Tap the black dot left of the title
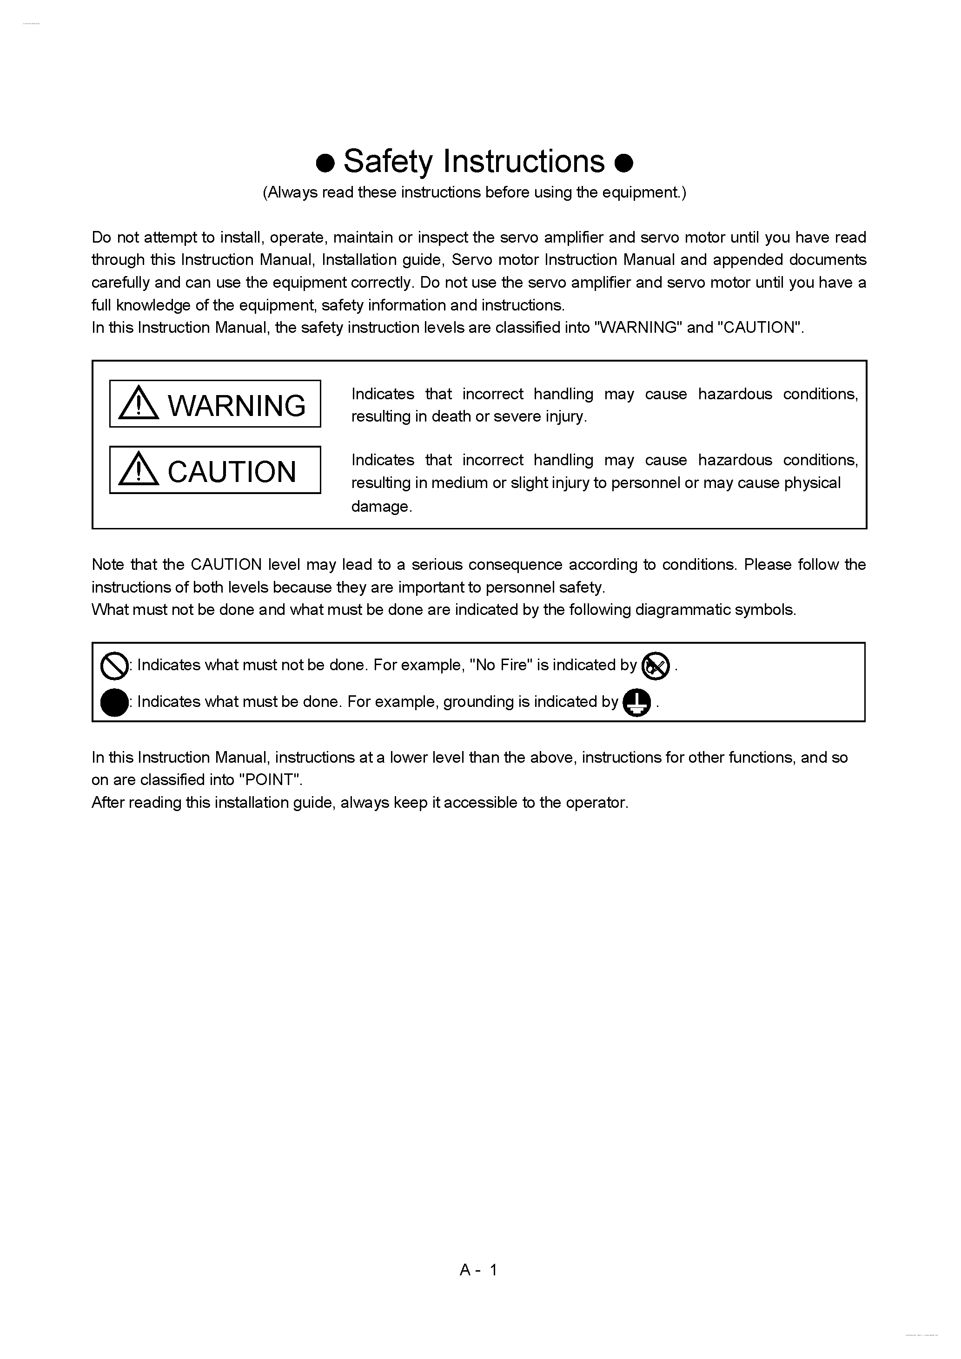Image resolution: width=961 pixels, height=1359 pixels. [325, 162]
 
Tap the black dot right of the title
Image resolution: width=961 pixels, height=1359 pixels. [624, 162]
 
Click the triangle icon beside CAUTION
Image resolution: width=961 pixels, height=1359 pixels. [139, 469]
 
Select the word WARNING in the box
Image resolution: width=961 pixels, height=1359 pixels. [236, 405]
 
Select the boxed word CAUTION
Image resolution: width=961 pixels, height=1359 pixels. [232, 472]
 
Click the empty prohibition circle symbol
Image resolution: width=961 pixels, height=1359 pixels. [114, 666]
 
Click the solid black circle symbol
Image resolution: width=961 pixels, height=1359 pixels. [114, 703]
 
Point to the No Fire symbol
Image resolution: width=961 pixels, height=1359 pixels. [656, 666]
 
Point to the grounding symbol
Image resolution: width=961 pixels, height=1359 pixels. [637, 703]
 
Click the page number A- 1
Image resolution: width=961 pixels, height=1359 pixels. [478, 1270]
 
